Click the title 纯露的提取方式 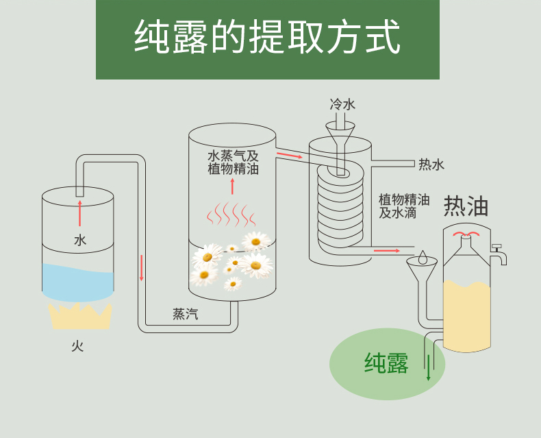[x=267, y=38]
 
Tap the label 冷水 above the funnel [x=342, y=104]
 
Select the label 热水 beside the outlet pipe [x=431, y=165]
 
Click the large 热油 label [x=466, y=206]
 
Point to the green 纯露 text [x=386, y=363]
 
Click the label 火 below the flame [x=77, y=346]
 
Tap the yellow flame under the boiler [x=80, y=316]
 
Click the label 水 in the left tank [x=80, y=240]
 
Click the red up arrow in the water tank [x=80, y=212]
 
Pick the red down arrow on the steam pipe [x=142, y=268]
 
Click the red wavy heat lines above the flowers [x=231, y=214]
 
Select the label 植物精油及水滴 [x=403, y=206]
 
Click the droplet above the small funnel [x=423, y=258]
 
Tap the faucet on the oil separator [x=499, y=255]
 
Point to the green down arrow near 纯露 [x=429, y=367]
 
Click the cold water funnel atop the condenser [x=340, y=132]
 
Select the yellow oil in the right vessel [x=467, y=315]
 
